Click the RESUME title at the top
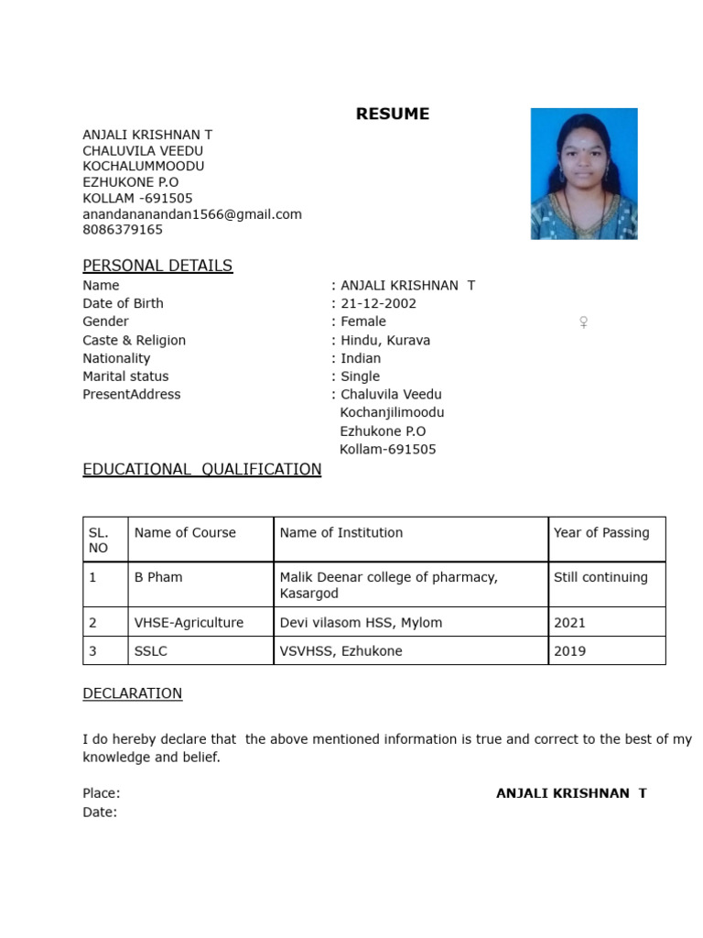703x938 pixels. click(392, 115)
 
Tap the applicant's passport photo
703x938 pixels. click(584, 174)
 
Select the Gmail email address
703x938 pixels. click(192, 214)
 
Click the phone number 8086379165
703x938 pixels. click(123, 230)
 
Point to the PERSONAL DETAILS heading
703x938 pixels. click(157, 266)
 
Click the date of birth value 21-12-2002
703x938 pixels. click(378, 303)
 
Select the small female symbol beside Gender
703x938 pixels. click(583, 322)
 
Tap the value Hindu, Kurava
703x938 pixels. click(384, 340)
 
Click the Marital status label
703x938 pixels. click(125, 376)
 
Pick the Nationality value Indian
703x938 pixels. click(361, 358)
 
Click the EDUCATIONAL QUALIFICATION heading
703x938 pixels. click(201, 470)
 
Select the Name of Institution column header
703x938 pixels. click(341, 532)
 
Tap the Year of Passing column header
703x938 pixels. click(601, 532)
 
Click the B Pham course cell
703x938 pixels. click(158, 577)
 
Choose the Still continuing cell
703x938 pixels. click(600, 577)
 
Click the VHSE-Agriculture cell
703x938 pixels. click(189, 623)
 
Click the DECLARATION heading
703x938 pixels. click(133, 693)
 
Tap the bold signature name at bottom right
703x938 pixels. click(571, 793)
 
